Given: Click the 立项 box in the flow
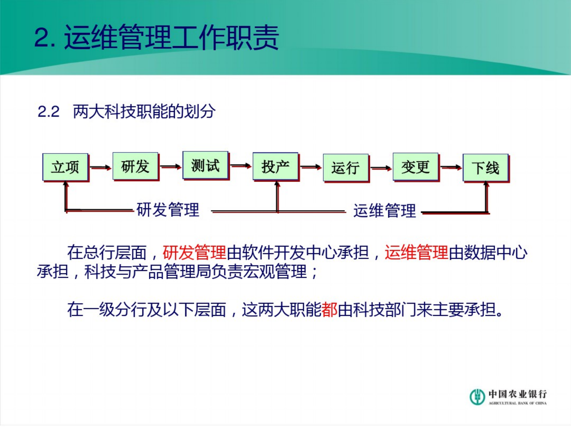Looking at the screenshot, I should [65, 167].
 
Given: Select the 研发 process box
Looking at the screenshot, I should [135, 166].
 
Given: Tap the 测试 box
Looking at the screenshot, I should [205, 165].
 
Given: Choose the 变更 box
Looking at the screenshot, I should [415, 167].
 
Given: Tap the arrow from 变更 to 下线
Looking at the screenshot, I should [451, 168].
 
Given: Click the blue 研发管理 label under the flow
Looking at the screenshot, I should [168, 210].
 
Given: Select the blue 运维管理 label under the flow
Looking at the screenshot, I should [384, 211].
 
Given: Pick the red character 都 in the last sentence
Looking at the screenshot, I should [329, 310].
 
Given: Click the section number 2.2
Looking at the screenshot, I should [49, 112].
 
